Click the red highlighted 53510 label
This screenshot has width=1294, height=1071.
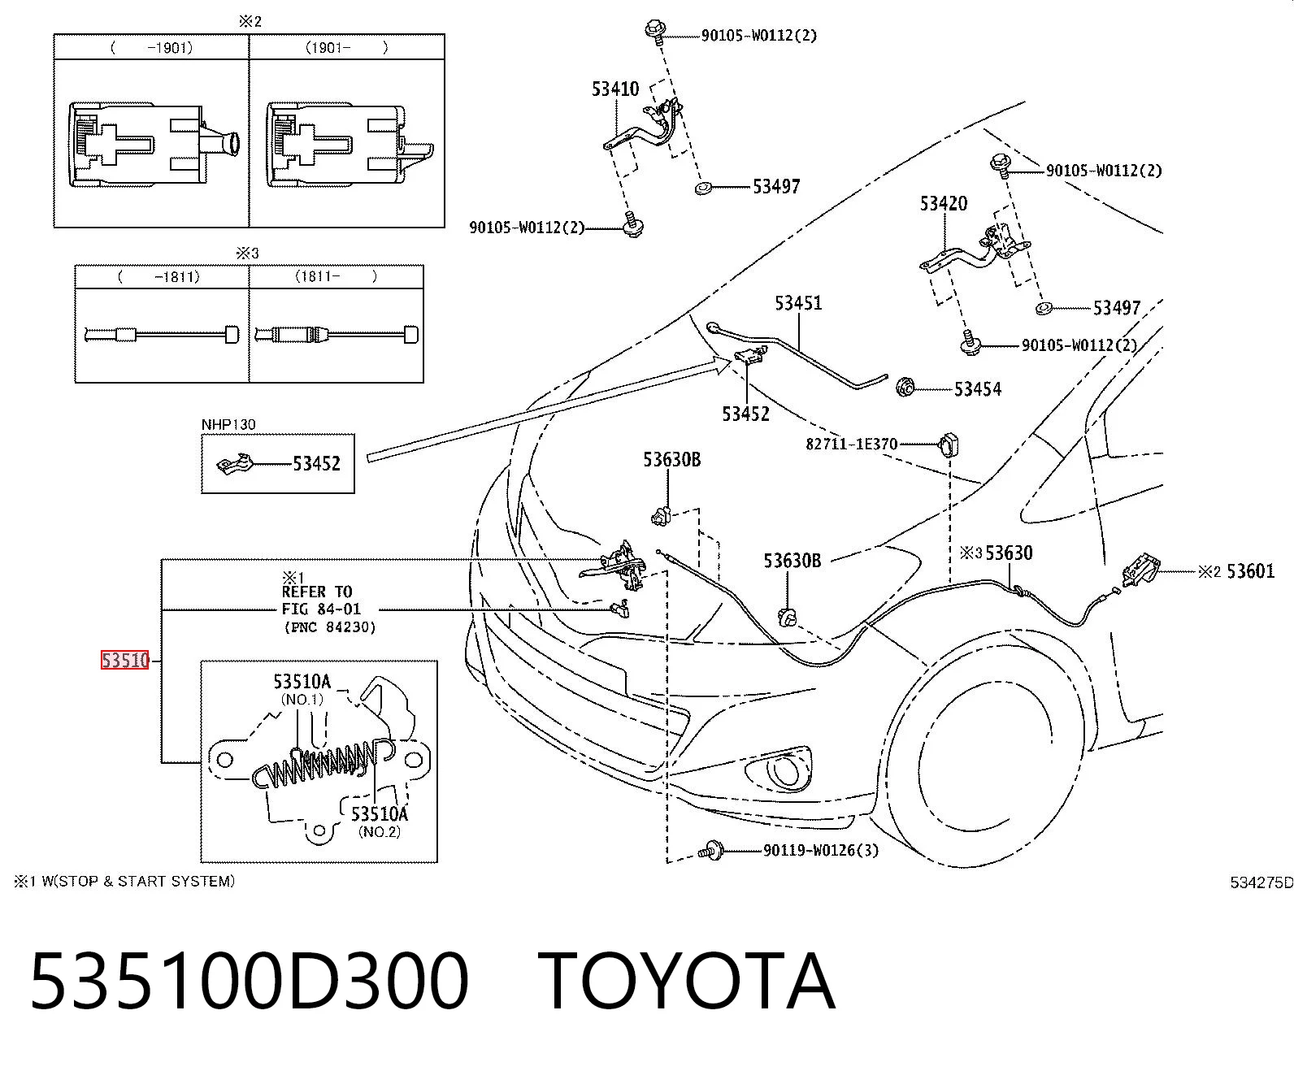(125, 660)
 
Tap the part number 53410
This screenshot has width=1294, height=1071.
(614, 89)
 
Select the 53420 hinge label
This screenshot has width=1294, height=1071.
(943, 203)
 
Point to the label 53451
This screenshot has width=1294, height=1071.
(798, 303)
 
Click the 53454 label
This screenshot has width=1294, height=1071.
(977, 389)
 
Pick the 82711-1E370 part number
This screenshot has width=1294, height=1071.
(852, 444)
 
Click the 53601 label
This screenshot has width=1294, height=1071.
(1251, 570)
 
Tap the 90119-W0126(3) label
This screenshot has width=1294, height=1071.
(820, 850)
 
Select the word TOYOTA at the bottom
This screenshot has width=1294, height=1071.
(686, 982)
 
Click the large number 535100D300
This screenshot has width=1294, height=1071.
(250, 982)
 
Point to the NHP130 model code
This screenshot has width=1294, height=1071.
(228, 424)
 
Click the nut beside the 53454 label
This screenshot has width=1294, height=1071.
(905, 388)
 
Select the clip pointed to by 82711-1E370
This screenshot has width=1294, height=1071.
(949, 444)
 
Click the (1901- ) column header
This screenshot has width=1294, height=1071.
(346, 48)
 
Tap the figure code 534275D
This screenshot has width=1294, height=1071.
(1261, 882)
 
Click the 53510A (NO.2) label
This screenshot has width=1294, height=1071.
(380, 821)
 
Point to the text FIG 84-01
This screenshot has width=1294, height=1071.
(321, 609)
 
